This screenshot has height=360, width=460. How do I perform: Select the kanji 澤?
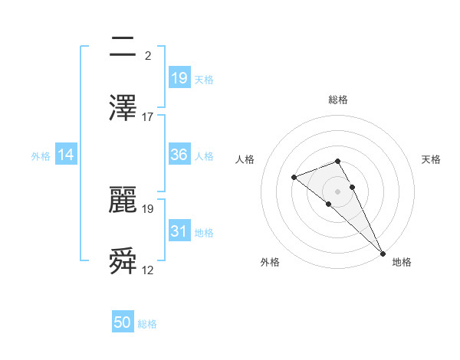pyautogui.click(x=123, y=108)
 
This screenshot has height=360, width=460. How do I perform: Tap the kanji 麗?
pyautogui.click(x=123, y=200)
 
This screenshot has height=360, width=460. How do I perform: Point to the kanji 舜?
pyautogui.click(x=123, y=261)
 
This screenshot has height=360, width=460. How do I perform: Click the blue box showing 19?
pyautogui.click(x=179, y=77)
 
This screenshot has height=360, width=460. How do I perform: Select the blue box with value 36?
pyautogui.click(x=179, y=155)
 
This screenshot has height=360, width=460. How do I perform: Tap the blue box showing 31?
pyautogui.click(x=179, y=231)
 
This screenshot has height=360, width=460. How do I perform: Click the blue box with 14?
pyautogui.click(x=66, y=155)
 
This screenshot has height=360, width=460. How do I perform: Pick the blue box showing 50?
pyautogui.click(x=123, y=322)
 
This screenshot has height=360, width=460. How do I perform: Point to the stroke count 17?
pyautogui.click(x=148, y=116)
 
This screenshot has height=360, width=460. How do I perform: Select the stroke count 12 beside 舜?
pyautogui.click(x=148, y=270)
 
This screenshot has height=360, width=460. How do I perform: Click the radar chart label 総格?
pyautogui.click(x=337, y=100)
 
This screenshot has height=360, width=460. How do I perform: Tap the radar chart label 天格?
pyautogui.click(x=431, y=159)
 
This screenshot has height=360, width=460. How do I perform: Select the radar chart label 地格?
pyautogui.click(x=402, y=263)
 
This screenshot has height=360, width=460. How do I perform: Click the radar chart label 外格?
pyautogui.click(x=270, y=263)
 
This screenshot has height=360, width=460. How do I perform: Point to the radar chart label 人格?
pyautogui.click(x=245, y=159)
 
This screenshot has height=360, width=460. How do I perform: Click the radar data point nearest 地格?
pyautogui.click(x=382, y=252)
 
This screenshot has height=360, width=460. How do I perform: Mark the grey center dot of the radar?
pyautogui.click(x=337, y=191)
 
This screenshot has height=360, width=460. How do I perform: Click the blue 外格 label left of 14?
pyautogui.click(x=40, y=155)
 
